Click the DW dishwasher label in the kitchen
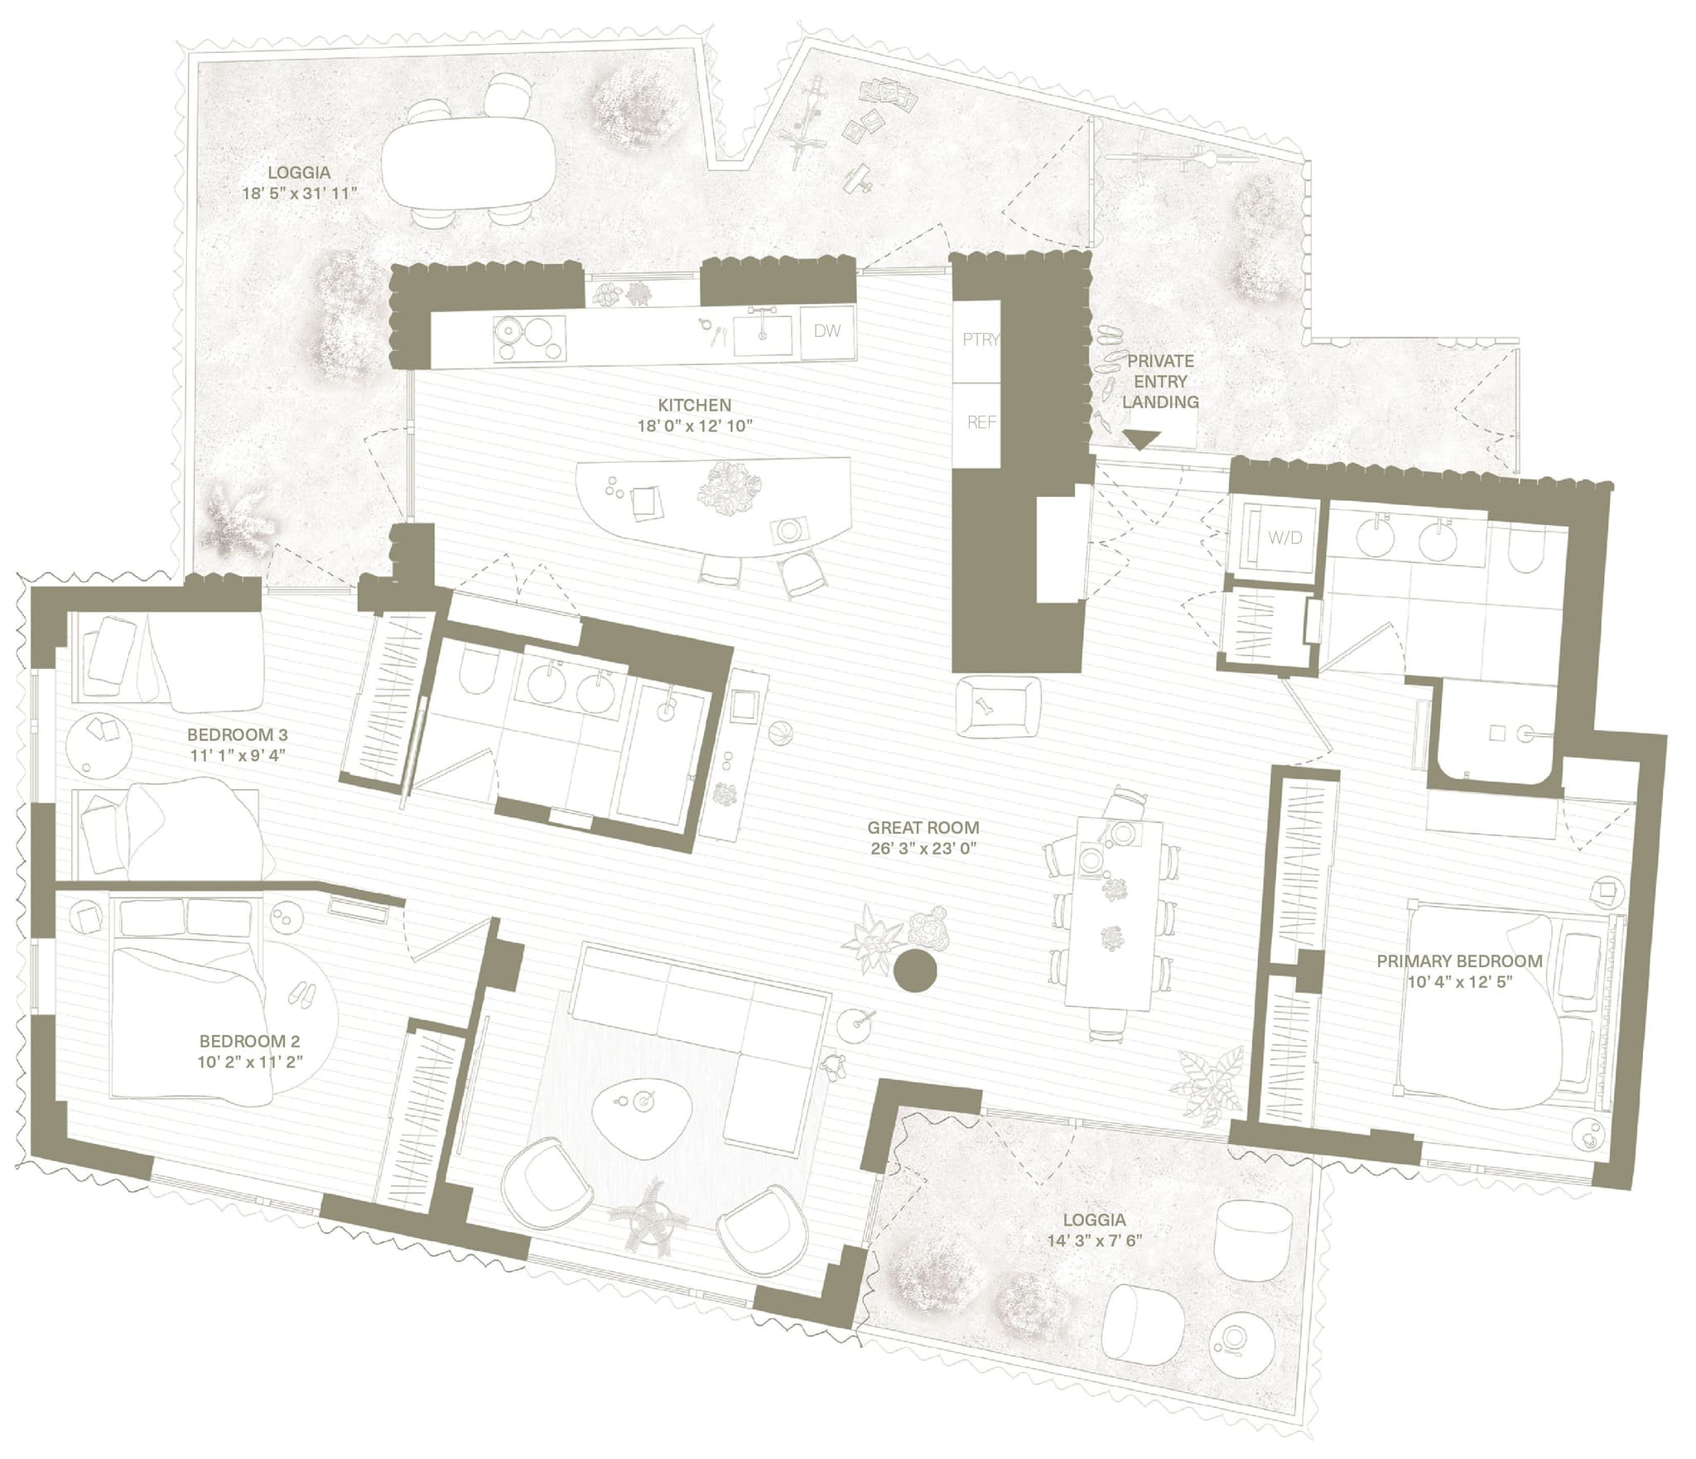(x=826, y=331)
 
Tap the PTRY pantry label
(x=981, y=339)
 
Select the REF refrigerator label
(x=981, y=421)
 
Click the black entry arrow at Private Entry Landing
(x=1140, y=440)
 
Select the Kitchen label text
(x=694, y=405)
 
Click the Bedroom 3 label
(x=237, y=734)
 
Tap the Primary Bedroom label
(x=1459, y=961)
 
